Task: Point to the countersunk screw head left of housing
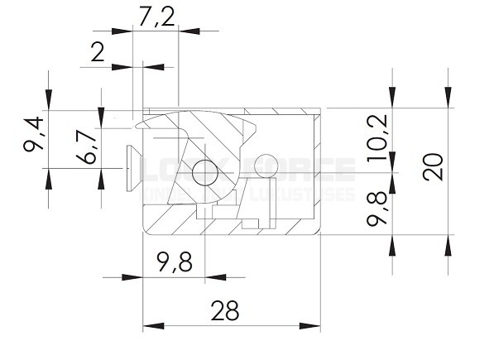(x=128, y=167)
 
